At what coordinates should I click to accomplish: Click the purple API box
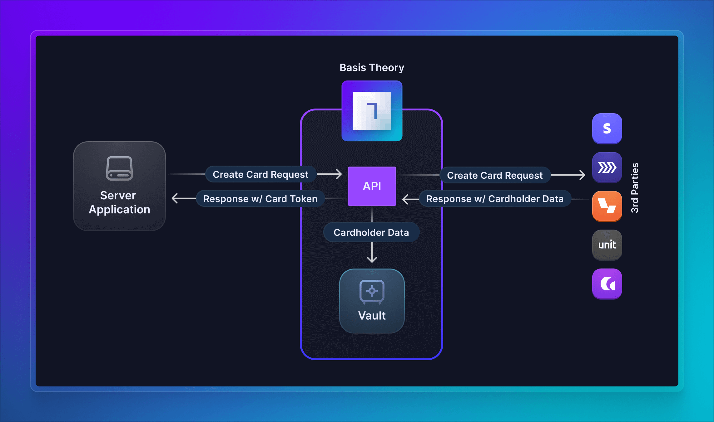[372, 186]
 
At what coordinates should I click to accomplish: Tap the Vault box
[372, 301]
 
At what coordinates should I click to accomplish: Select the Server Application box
[119, 186]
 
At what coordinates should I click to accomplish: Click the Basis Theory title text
[372, 68]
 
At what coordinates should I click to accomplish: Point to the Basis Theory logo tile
[372, 111]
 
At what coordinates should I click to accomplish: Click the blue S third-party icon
[607, 129]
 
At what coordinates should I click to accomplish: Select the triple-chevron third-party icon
[607, 167]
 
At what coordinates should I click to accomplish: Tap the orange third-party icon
[607, 206]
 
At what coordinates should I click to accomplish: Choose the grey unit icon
[607, 245]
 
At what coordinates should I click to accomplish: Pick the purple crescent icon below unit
[607, 284]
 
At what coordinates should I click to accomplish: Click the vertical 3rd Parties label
[635, 188]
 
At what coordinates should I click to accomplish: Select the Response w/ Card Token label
[260, 199]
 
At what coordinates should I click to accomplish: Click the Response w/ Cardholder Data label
[495, 199]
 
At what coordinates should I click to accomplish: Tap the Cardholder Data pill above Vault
[371, 232]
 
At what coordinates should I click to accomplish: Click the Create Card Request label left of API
[260, 174]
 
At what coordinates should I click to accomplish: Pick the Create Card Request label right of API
[495, 175]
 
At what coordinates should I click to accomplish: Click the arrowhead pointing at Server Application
[175, 198]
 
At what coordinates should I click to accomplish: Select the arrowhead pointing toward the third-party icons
[582, 175]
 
